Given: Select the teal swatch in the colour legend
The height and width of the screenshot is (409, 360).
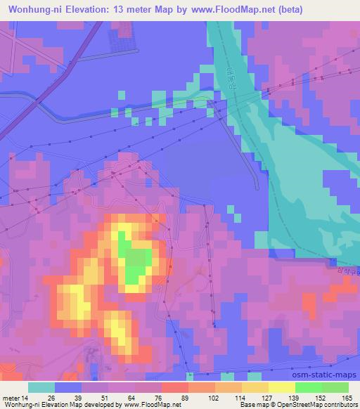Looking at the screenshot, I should click(x=41, y=387).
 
